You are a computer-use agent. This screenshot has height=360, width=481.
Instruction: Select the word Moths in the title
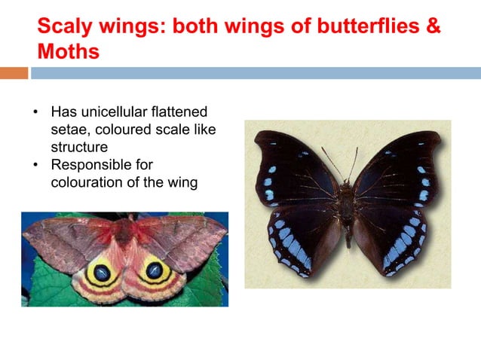pos(68,53)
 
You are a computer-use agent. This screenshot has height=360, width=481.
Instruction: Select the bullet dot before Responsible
pos(35,164)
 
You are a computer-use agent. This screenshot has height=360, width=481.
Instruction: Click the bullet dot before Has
pos(35,112)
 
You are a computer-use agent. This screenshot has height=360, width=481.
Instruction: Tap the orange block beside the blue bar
pos(14,73)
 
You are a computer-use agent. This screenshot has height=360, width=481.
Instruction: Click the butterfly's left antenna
pos(331,162)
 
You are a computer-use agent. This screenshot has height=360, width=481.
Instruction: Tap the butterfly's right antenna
pos(354,160)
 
